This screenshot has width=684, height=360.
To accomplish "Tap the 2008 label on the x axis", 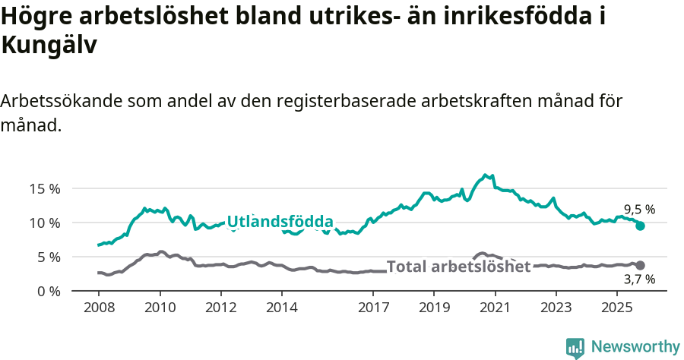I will click(99, 308).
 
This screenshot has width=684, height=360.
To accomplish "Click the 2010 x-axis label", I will click(160, 308).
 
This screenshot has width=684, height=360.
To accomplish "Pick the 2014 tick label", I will click(282, 308).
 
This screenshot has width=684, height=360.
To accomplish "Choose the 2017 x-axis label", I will click(373, 308).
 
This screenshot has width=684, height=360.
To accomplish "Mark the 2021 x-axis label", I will click(495, 308).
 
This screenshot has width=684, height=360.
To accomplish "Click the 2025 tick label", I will click(616, 308).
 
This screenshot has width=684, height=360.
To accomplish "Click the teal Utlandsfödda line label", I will click(280, 222).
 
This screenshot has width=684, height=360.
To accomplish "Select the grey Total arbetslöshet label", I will click(458, 267).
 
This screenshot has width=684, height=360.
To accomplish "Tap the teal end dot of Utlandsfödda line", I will click(640, 226).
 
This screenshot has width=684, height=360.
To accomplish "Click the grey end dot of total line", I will click(640, 265).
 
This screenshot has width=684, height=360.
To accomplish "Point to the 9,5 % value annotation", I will click(639, 210).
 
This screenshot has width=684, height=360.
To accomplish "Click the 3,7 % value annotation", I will click(639, 279).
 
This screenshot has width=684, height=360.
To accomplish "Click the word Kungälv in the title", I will click(49, 45).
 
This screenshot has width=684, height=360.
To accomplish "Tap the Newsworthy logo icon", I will click(575, 347).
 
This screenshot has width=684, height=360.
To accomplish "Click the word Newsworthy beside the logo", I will click(635, 347).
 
